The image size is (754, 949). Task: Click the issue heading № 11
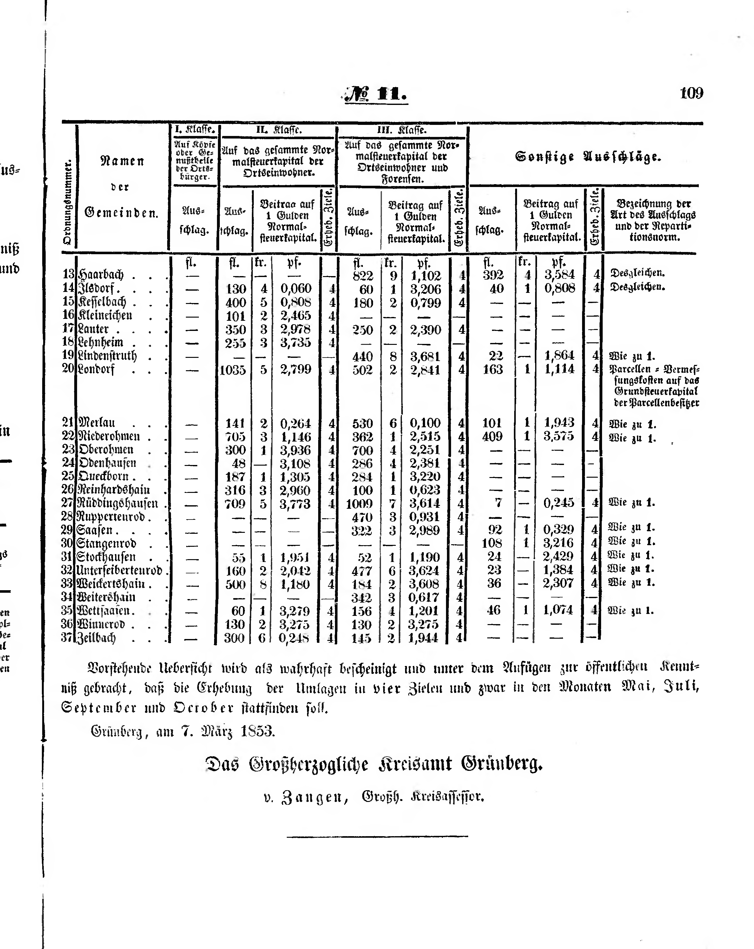click(x=376, y=94)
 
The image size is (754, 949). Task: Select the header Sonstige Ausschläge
click(x=588, y=157)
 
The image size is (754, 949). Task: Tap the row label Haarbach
click(x=101, y=275)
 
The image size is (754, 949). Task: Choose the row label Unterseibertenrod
click(x=119, y=571)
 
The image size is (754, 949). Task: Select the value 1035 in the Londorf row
click(x=233, y=370)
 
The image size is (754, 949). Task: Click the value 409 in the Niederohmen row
click(x=492, y=436)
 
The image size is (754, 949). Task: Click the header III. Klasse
click(x=402, y=130)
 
